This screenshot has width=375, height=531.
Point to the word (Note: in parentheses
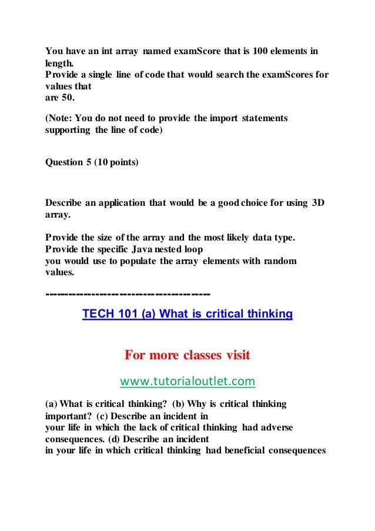[x=61, y=118]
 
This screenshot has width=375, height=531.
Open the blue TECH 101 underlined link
[x=187, y=314]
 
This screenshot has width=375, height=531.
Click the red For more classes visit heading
[x=187, y=355]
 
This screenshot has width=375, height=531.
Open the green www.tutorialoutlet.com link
[x=187, y=382]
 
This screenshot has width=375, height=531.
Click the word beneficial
[x=242, y=450]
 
